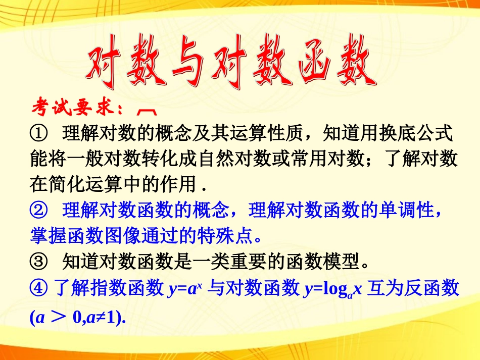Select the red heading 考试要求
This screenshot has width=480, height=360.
coord(76,108)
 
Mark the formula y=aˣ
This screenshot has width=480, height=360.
coord(185,289)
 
